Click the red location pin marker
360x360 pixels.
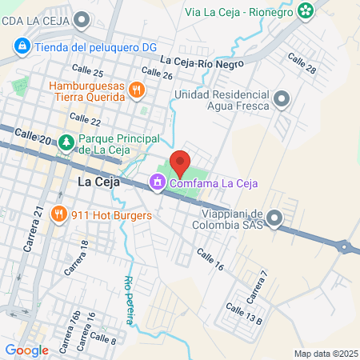[x=180, y=163]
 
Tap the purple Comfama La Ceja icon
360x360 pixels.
[x=158, y=183]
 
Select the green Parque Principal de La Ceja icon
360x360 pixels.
[x=66, y=143]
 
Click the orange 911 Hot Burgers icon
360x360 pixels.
[x=58, y=214]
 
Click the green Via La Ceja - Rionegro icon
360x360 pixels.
[x=305, y=10]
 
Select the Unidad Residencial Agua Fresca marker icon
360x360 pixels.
[x=281, y=99]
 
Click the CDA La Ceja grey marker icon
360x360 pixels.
[x=82, y=19]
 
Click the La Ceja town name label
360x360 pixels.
[x=98, y=182]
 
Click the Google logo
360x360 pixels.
[x=26, y=350]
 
